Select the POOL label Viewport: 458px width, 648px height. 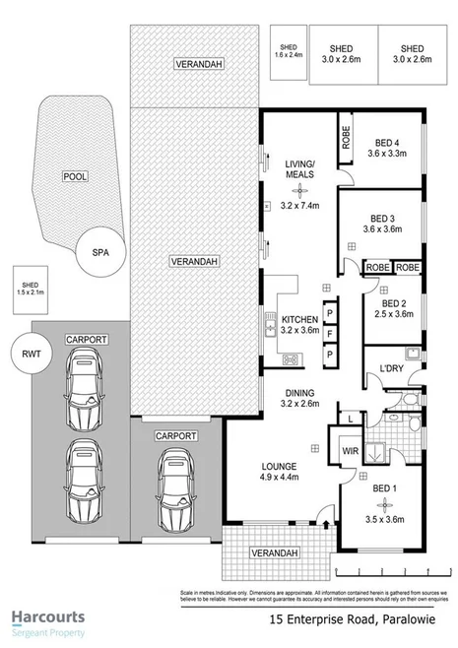[74, 178]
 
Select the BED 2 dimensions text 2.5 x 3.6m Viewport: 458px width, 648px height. [394, 315]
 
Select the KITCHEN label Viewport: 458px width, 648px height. [298, 320]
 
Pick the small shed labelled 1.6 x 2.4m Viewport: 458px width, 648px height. [288, 51]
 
